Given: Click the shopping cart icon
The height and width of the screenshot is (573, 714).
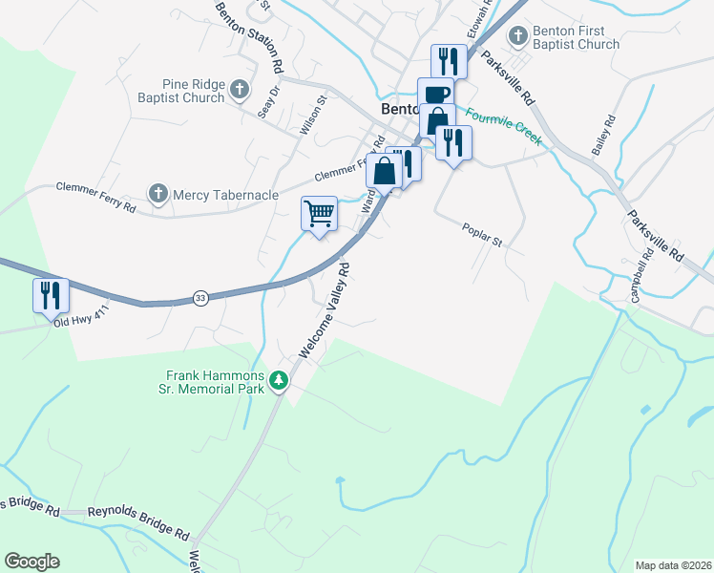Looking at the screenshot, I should click(x=319, y=213).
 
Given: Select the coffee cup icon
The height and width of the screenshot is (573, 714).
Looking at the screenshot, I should click(x=435, y=94).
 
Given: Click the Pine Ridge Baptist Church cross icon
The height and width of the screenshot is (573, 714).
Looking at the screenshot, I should click(x=239, y=91).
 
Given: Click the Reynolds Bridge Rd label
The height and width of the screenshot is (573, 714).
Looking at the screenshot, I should click(x=130, y=512).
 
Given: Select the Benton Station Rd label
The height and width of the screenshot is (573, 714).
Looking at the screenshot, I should click(x=250, y=38).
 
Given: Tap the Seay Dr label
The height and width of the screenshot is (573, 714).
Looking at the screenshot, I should click(x=269, y=103).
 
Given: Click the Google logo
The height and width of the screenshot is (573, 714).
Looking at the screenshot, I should click(x=31, y=562).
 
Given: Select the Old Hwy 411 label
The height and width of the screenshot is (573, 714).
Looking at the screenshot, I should click(x=82, y=324).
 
